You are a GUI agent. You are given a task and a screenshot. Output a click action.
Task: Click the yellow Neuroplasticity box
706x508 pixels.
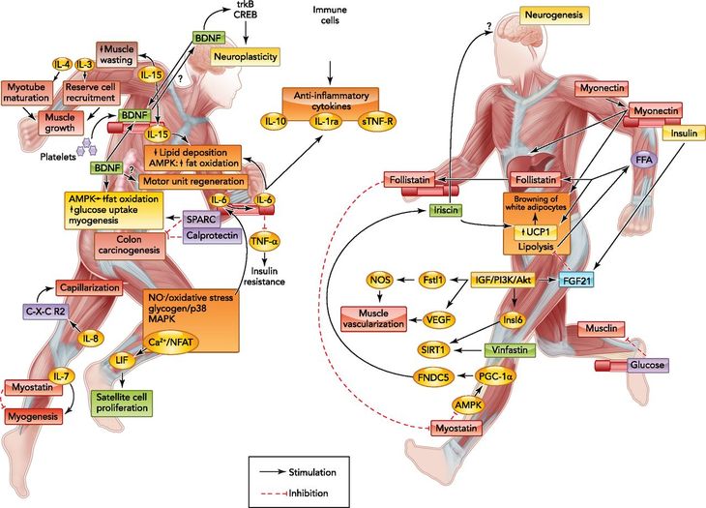246,56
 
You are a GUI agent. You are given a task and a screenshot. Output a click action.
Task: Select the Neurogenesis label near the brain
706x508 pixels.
554,15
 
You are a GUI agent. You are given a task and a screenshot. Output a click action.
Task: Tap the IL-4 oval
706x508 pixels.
63,65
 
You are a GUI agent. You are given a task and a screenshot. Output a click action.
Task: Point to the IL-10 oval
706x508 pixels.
276,121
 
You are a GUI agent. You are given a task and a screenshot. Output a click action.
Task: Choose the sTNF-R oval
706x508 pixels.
377,121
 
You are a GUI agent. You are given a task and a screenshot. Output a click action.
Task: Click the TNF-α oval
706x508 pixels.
266,241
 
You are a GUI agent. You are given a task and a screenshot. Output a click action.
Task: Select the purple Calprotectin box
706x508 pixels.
213,235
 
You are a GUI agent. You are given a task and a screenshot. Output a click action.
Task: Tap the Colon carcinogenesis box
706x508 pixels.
130,246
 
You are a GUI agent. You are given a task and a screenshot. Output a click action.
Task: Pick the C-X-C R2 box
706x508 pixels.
44,310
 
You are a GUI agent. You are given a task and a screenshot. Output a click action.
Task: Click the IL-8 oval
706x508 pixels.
91,338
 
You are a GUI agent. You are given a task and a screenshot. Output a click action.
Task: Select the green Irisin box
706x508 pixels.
445,209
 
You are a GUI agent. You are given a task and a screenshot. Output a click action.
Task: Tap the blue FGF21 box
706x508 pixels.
576,281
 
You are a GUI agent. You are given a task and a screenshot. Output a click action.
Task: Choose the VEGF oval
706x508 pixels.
438,320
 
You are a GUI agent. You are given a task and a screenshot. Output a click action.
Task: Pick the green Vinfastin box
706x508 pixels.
510,349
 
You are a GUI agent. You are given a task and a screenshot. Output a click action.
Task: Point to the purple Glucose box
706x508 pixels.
648,365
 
